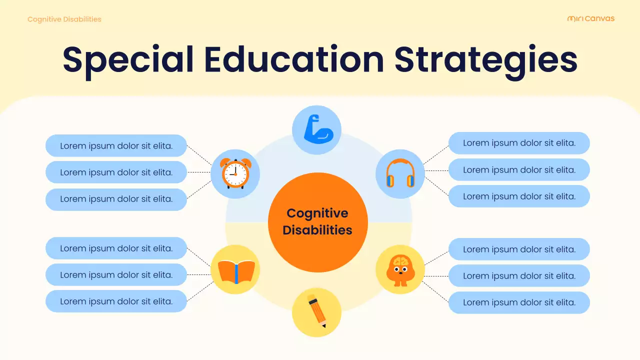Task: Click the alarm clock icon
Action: [235, 173]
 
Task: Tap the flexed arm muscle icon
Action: [317, 129]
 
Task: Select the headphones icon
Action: [400, 173]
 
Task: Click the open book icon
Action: [235, 270]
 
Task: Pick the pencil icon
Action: [317, 312]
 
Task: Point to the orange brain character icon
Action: [400, 270]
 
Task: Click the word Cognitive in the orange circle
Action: [317, 213]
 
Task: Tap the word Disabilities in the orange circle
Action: [317, 230]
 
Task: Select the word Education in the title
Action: [293, 59]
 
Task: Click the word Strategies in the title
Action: [485, 59]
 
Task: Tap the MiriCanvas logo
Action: [591, 19]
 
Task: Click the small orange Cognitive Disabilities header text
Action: [64, 19]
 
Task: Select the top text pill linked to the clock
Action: [116, 146]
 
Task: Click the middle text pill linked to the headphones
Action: [519, 170]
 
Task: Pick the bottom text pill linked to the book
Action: [116, 301]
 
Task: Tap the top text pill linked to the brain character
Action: [519, 249]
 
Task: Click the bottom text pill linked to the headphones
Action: [519, 196]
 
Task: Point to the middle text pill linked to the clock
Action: [116, 172]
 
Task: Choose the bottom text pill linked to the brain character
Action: [519, 302]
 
